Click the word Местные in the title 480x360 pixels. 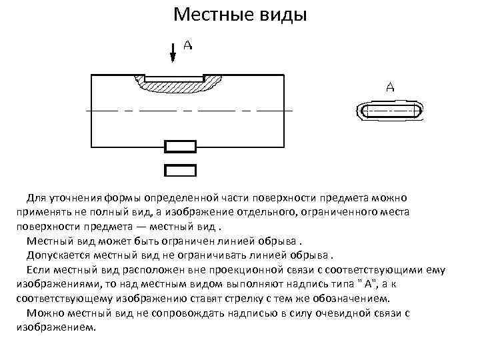[x=207, y=15]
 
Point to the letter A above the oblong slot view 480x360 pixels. [x=390, y=87]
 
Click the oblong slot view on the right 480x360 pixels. [x=390, y=111]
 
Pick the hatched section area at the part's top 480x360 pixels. [x=178, y=85]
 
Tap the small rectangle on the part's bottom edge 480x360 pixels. [x=180, y=147]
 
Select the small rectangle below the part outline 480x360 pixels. [x=180, y=170]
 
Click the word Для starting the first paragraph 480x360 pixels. [x=35, y=198]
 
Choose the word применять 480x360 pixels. [x=42, y=211]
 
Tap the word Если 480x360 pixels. [x=38, y=270]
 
